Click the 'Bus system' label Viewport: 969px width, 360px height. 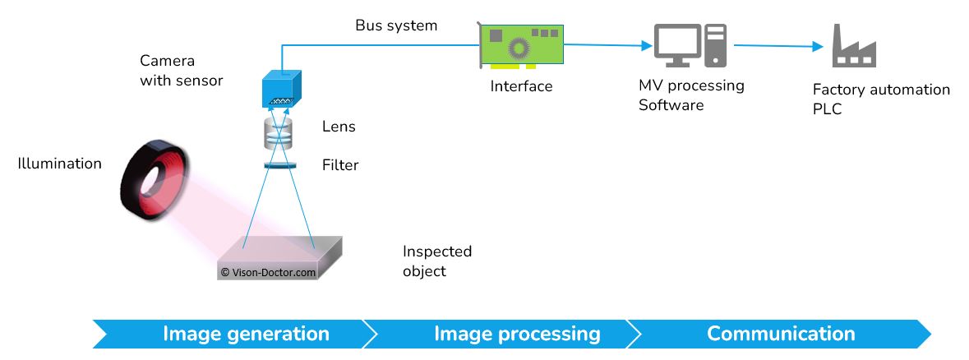point(396,25)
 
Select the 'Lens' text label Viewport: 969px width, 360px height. point(339,127)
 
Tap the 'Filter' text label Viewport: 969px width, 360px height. point(340,165)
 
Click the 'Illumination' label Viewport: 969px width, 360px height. point(60,164)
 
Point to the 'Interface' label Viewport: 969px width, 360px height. point(521,85)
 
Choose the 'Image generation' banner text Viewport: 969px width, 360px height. point(246,334)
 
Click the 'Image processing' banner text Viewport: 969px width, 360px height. point(517,334)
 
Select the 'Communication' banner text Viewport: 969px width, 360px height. point(781,334)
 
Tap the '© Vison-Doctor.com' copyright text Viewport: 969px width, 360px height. point(268,272)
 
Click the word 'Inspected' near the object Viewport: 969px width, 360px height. point(436,252)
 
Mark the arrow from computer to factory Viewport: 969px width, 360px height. point(777,47)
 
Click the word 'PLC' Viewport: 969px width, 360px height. point(827,108)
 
